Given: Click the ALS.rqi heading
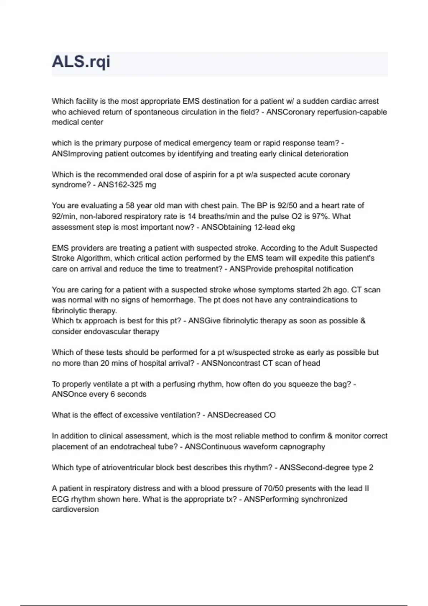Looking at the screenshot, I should (81, 62).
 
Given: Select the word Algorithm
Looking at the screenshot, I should (93, 258).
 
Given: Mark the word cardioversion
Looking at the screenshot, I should (75, 509).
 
